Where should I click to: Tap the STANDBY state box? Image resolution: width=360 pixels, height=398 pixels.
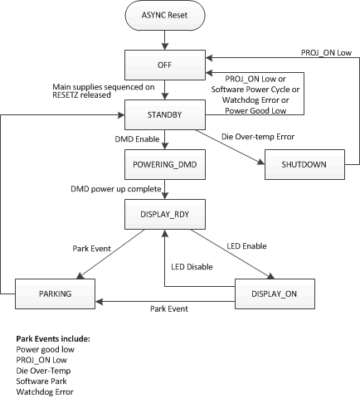pos(168,113)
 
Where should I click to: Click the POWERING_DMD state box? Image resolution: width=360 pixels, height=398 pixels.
pos(168,164)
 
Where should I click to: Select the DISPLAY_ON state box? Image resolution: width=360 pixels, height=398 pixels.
pos(277,293)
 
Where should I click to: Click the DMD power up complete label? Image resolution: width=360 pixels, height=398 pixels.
pos(118,190)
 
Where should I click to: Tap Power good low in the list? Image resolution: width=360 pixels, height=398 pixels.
pos(43,349)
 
